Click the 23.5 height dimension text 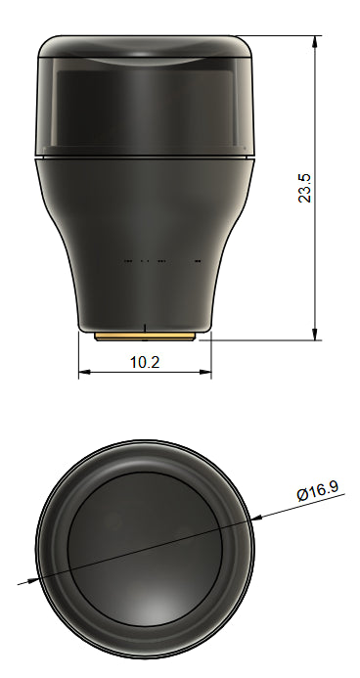pyautogui.click(x=305, y=188)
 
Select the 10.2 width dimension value pyautogui.click(x=145, y=361)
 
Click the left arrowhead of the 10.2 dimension pyautogui.click(x=83, y=373)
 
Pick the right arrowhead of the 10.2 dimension pyautogui.click(x=206, y=373)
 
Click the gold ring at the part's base pyautogui.click(x=145, y=335)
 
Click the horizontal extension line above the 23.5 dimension pyautogui.click(x=284, y=37)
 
